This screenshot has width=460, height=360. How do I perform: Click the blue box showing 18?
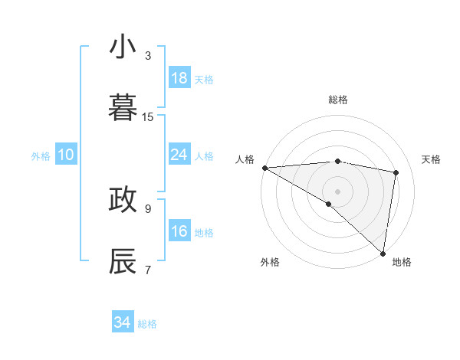point(179,78)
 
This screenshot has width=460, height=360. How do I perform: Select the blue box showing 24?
point(179,155)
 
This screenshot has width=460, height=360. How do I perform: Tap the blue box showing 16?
point(179,231)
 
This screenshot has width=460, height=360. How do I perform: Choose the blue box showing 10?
point(66,155)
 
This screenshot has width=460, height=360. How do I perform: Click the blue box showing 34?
point(122,322)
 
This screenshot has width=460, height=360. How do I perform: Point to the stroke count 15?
point(148,117)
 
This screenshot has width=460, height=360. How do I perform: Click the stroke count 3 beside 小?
point(148,55)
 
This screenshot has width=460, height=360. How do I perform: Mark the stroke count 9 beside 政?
point(148,208)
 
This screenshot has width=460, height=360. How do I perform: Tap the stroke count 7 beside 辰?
point(148,269)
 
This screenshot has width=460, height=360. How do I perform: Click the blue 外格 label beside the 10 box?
point(41,156)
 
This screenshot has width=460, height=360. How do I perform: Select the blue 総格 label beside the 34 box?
point(147,324)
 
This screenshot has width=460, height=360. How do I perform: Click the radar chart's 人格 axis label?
point(245,159)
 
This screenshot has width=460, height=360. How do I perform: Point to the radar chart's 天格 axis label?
point(432,159)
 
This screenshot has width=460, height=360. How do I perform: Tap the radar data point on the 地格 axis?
point(383,253)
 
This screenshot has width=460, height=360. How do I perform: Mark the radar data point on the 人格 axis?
point(264,168)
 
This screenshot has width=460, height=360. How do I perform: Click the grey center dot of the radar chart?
point(337,190)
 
